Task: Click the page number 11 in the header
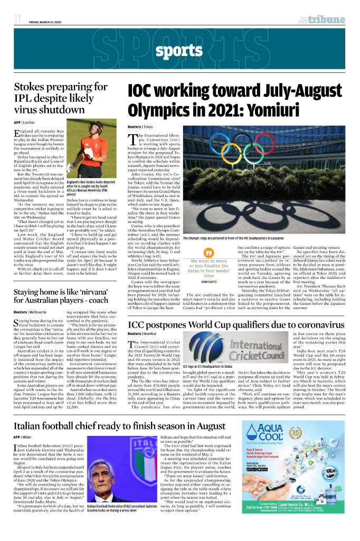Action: (x=17, y=20)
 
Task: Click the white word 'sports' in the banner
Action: (x=179, y=51)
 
